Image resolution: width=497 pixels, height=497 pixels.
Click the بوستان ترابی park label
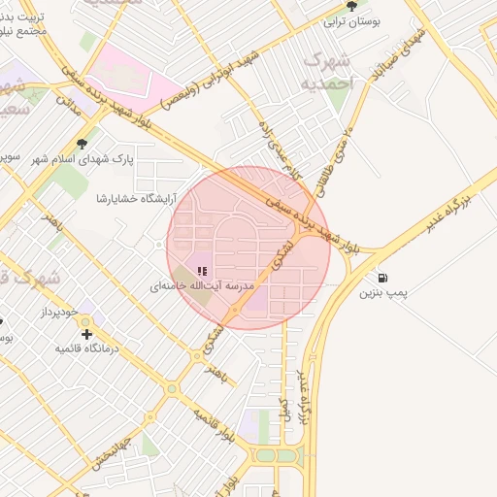click(x=352, y=19)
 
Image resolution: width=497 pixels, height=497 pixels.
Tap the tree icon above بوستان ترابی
click(x=351, y=5)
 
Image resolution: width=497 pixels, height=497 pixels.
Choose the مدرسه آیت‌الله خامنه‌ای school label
click(x=202, y=287)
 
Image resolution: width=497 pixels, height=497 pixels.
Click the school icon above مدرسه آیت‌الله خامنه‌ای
click(x=202, y=272)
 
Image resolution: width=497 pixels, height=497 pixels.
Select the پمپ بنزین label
click(x=384, y=291)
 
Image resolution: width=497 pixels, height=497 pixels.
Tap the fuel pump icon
click(x=384, y=277)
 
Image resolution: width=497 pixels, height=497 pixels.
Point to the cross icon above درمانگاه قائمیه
click(x=86, y=334)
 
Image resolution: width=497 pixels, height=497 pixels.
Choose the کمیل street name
click(x=283, y=409)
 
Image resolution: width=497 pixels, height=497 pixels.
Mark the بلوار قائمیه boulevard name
click(x=215, y=427)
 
